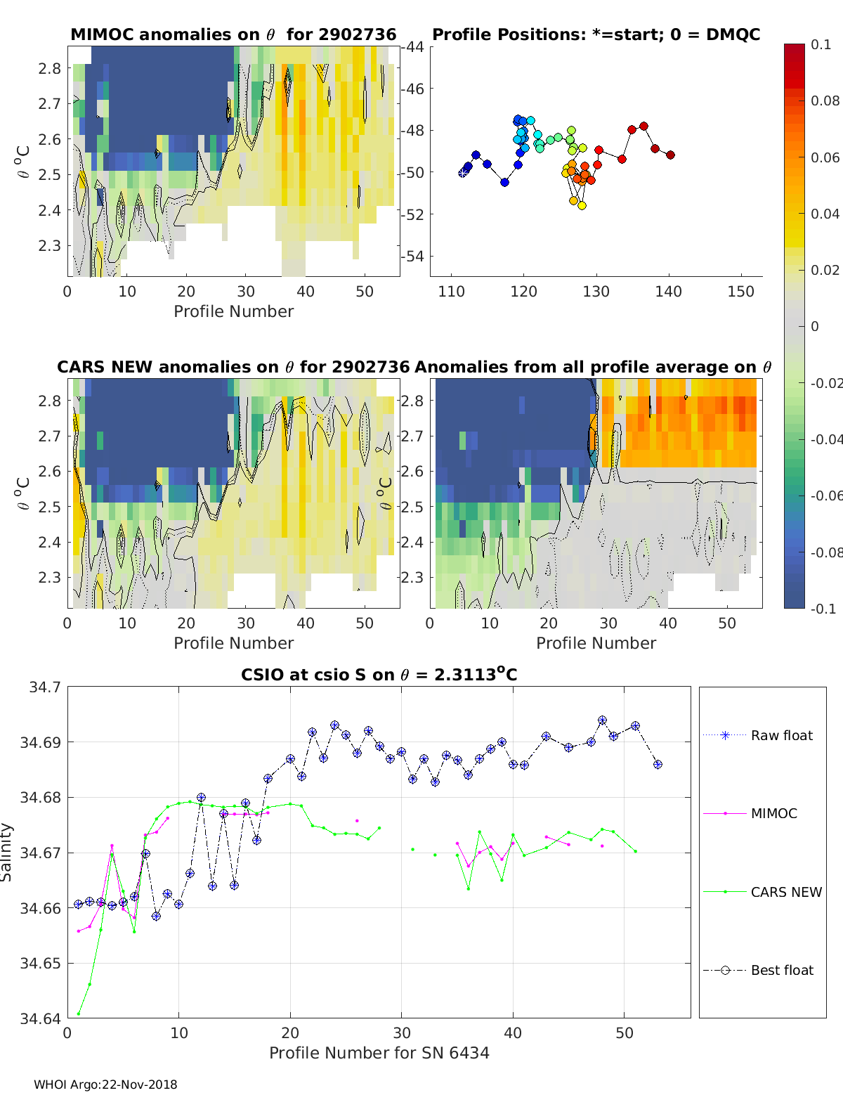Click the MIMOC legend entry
coord(773,813)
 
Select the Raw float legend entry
coord(781,735)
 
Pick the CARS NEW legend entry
coord(785,892)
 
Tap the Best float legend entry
coord(781,970)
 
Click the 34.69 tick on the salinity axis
coord(44,742)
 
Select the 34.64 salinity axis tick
coord(44,1018)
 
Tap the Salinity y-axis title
coord(7,852)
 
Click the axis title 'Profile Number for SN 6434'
coord(379,1053)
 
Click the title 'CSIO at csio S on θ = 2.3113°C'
coord(379,675)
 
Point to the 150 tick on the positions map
coord(740,292)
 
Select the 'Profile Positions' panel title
coord(596,34)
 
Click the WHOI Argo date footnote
coord(105,1085)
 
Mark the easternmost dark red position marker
coord(670,155)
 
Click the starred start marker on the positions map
coord(463,172)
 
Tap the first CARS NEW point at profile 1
coord(78,1014)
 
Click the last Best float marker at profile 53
coord(658,764)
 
